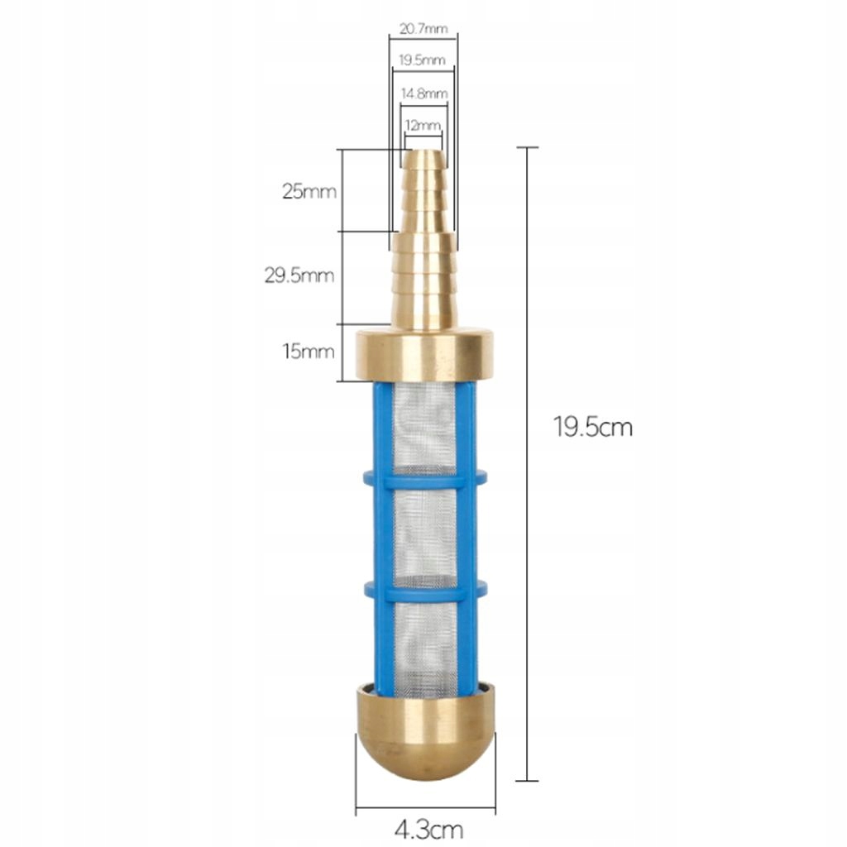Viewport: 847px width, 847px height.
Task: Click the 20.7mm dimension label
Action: point(423,29)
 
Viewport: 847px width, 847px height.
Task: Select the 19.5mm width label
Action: point(422,60)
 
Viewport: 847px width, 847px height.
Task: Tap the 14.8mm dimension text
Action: point(424,93)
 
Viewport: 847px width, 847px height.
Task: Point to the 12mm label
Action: point(423,126)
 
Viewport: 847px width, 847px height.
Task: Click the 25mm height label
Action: point(309,191)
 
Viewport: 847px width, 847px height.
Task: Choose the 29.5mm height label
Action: point(299,275)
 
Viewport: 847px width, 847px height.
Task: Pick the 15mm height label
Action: point(309,352)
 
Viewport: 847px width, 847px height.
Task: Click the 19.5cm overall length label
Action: point(592,428)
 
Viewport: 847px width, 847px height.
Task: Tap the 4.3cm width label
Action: point(428,829)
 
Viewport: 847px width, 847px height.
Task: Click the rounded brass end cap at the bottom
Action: point(425,730)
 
